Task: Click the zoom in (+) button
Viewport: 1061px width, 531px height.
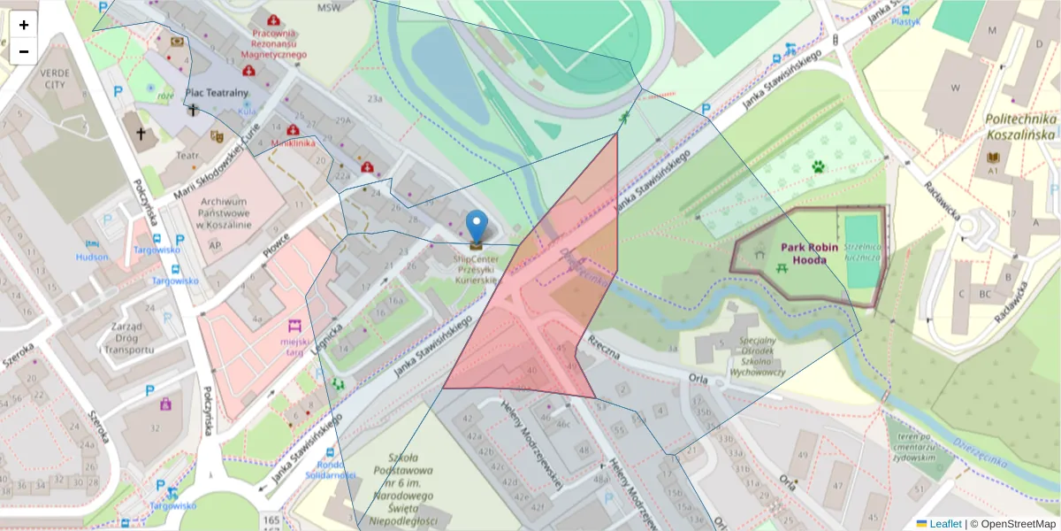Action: pyautogui.click(x=24, y=25)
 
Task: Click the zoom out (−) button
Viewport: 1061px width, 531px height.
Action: pyautogui.click(x=24, y=51)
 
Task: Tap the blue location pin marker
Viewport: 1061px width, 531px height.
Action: pyautogui.click(x=477, y=228)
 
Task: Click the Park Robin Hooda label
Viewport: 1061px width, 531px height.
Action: pyautogui.click(x=803, y=254)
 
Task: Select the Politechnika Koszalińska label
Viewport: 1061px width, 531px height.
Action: pyautogui.click(x=1020, y=127)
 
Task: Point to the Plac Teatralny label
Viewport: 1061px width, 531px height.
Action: pyautogui.click(x=217, y=92)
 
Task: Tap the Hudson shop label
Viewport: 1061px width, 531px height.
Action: pyautogui.click(x=92, y=257)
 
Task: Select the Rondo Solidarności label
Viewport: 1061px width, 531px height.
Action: pyautogui.click(x=330, y=470)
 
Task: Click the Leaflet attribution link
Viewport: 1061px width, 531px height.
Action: pyautogui.click(x=945, y=524)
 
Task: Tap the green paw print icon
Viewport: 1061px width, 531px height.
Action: pyautogui.click(x=819, y=165)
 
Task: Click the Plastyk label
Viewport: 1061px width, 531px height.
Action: pyautogui.click(x=905, y=21)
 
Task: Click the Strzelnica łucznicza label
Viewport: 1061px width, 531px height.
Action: pyautogui.click(x=861, y=252)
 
